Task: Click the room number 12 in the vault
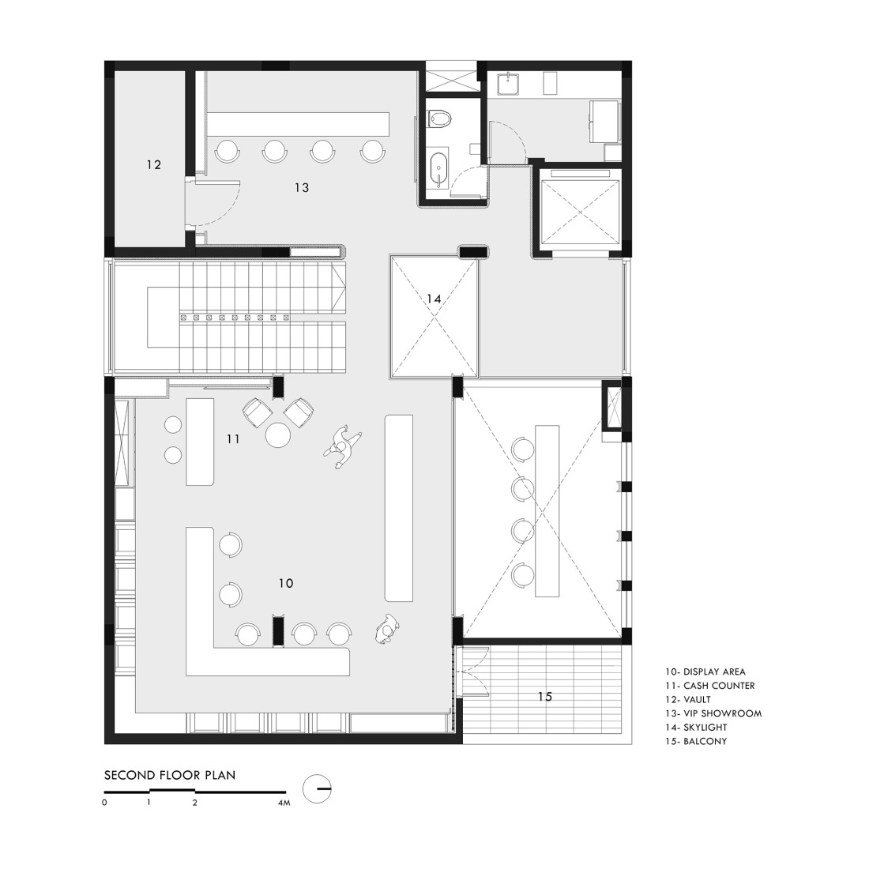pyautogui.click(x=153, y=165)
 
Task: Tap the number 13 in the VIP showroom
pyautogui.click(x=301, y=187)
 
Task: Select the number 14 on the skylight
pyautogui.click(x=433, y=299)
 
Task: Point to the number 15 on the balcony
pyautogui.click(x=544, y=696)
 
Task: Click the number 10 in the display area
pyautogui.click(x=285, y=582)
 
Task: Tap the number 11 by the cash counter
pyautogui.click(x=231, y=438)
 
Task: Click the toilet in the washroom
pyautogui.click(x=439, y=118)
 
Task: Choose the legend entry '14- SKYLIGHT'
pyautogui.click(x=696, y=727)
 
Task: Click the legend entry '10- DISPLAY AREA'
pyautogui.click(x=705, y=672)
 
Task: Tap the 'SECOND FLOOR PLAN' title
pyautogui.click(x=169, y=775)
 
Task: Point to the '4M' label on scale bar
pyautogui.click(x=284, y=803)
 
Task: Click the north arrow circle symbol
pyautogui.click(x=317, y=787)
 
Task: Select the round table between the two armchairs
pyautogui.click(x=279, y=435)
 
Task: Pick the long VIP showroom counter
pyautogui.click(x=299, y=122)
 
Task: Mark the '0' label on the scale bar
pyautogui.click(x=104, y=803)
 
